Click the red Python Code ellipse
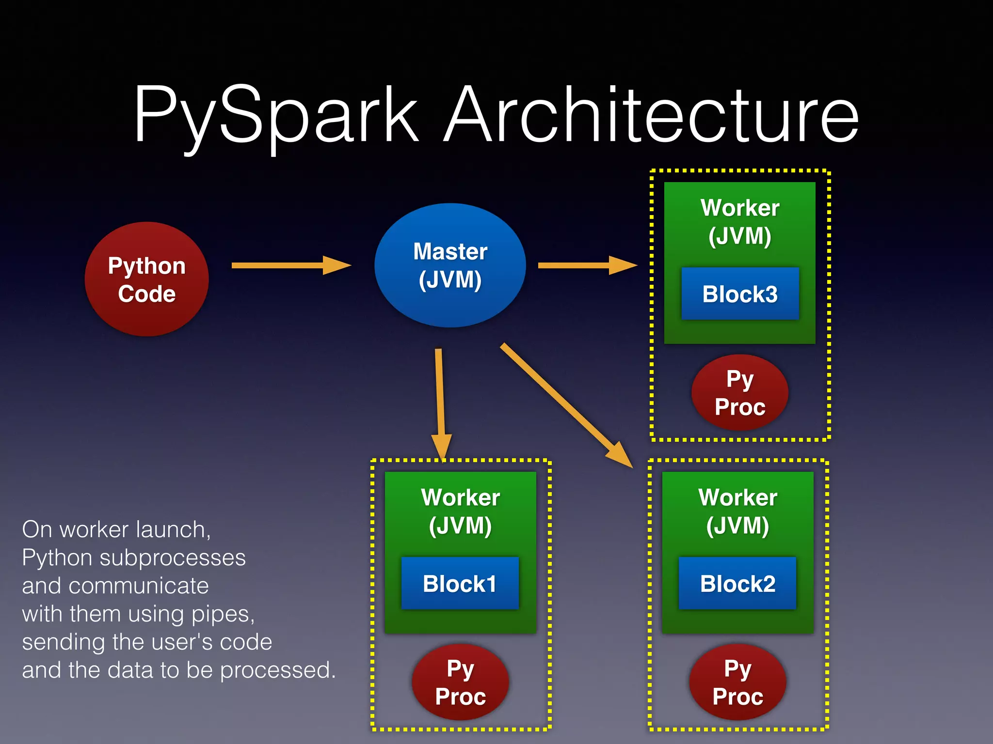146,279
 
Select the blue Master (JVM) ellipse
450,265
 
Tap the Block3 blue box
740,294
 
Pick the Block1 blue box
460,583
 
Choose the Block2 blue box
737,583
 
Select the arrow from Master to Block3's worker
587,265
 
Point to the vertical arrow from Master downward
440,402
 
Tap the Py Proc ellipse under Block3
740,393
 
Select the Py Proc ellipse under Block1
460,682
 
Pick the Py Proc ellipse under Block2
737,682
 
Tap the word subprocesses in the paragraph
173,558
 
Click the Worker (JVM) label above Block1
460,511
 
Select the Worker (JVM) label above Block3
740,222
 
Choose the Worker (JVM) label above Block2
737,511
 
